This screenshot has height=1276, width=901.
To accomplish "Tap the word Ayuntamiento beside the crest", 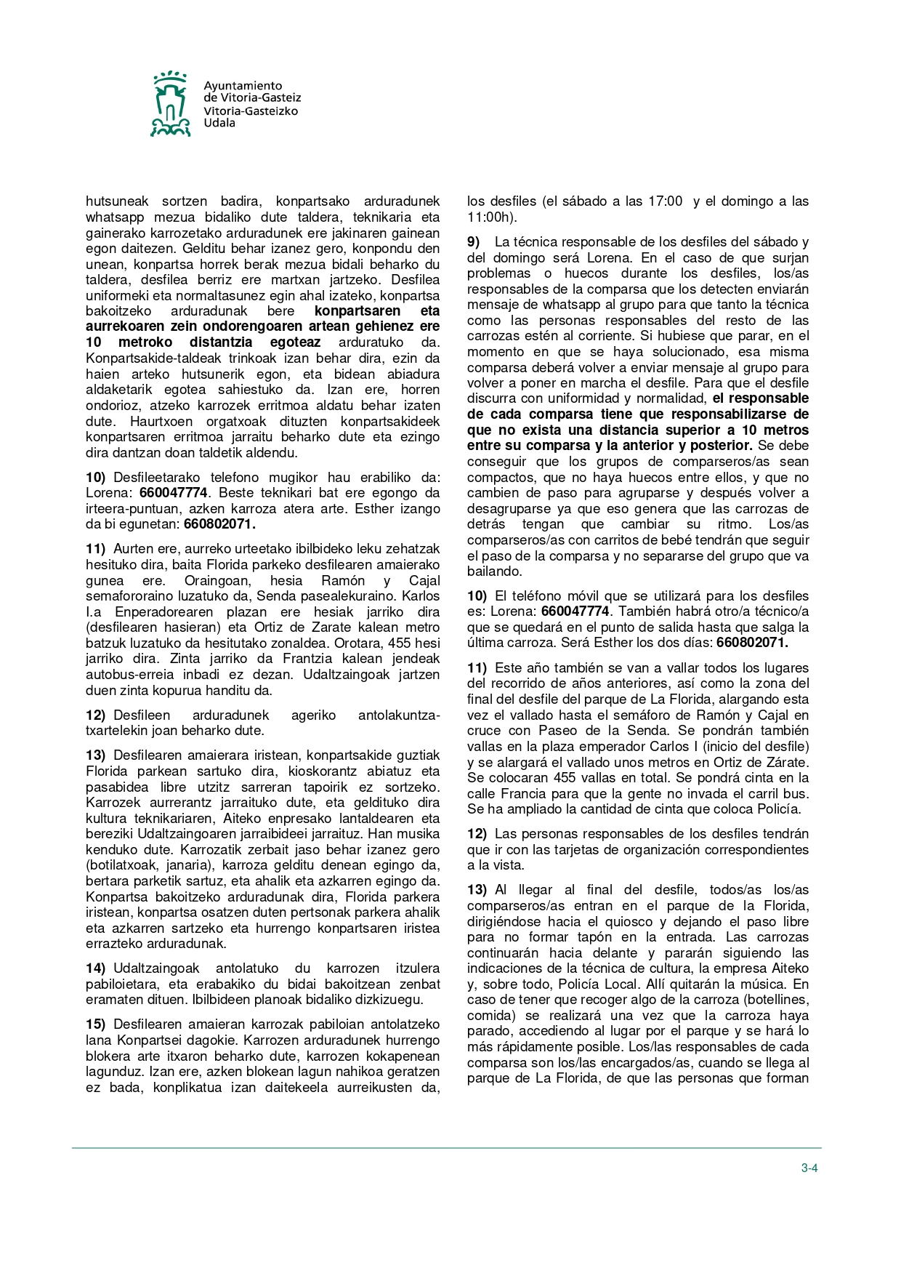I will point(243,86).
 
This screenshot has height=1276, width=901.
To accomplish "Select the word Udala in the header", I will point(219,123).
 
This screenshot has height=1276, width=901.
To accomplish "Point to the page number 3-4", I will point(809,1168).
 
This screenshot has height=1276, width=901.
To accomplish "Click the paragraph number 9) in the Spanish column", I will point(474,242).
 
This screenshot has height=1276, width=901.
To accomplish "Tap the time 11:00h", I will point(492,217).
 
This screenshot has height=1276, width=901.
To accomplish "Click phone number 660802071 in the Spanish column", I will point(752,643).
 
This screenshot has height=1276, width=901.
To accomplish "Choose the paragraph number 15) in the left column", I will point(95,1024).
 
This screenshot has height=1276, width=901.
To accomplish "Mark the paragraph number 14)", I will point(95,968).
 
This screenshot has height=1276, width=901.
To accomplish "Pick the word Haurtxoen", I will point(161,422).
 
